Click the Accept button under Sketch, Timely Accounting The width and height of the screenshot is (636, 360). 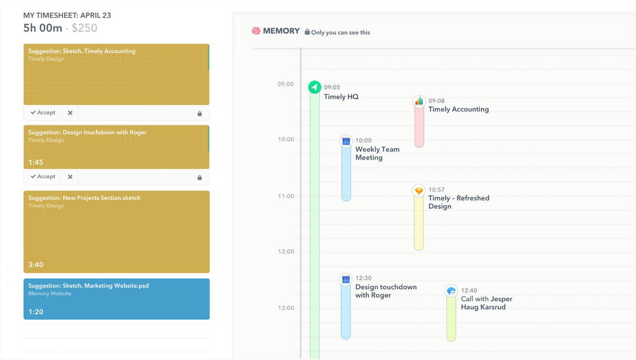43,113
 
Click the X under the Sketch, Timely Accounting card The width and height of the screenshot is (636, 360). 70,113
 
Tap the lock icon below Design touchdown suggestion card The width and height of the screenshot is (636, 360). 200,177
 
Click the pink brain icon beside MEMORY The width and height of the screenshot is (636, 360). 256,31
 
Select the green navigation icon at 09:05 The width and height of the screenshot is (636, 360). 315,88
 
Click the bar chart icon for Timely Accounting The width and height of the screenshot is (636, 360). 419,101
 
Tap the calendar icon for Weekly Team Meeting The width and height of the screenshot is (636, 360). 346,141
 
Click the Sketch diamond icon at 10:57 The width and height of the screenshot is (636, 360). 419,191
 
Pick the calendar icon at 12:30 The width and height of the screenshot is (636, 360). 346,279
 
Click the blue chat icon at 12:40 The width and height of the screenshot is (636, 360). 451,291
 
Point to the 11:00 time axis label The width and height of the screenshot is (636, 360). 286,196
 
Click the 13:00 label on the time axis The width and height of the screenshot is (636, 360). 286,308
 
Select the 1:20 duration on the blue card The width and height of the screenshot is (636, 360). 36,312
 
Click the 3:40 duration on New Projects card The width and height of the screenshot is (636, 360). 36,265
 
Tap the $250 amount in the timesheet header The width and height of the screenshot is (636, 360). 85,28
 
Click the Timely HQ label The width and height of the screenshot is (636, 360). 341,97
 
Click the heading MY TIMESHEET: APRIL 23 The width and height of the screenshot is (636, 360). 67,15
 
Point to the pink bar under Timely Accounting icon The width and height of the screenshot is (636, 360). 419,127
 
